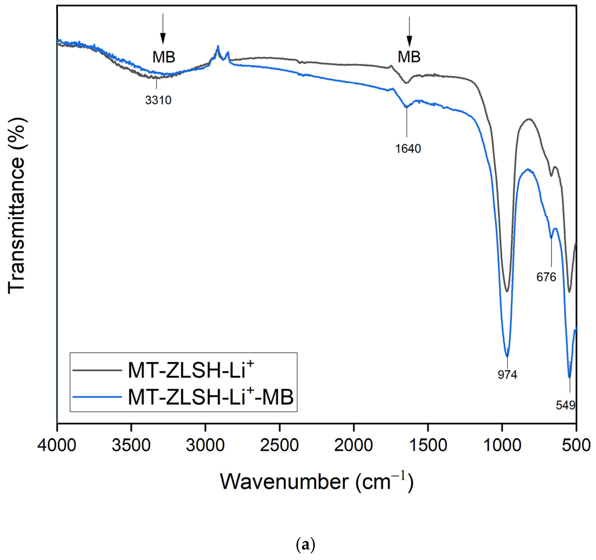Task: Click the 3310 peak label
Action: tap(158, 100)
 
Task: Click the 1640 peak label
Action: tap(408, 149)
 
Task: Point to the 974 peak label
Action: tap(507, 374)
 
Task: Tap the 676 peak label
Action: tap(546, 277)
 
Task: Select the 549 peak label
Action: tap(565, 405)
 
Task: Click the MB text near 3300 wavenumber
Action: tap(163, 57)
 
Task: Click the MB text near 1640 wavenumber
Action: tap(409, 57)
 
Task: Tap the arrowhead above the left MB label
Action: tap(163, 38)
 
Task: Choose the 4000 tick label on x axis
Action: tap(57, 445)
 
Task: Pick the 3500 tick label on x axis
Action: tap(131, 445)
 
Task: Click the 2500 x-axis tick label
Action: tap(279, 445)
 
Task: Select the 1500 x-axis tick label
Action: tap(428, 445)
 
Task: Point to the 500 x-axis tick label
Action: tap(576, 445)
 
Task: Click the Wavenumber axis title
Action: tap(317, 482)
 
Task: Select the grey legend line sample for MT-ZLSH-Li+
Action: tap(97, 370)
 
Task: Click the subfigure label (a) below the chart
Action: tap(305, 545)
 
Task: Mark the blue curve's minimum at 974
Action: tap(507, 356)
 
